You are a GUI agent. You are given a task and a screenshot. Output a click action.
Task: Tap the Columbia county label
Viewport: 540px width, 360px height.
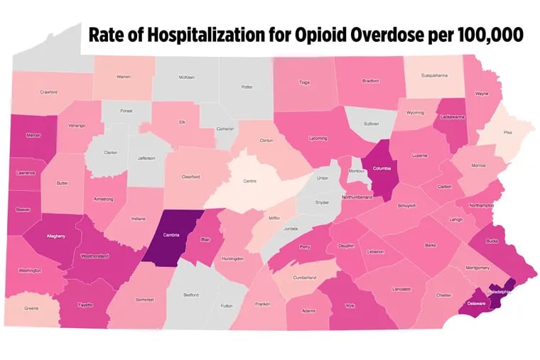pos(382,169)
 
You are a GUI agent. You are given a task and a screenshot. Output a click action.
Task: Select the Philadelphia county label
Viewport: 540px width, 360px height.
pos(499,291)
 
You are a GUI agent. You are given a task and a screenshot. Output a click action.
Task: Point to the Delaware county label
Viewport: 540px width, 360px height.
pos(476,303)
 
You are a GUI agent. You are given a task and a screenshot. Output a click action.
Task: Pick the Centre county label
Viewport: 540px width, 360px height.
pos(250,181)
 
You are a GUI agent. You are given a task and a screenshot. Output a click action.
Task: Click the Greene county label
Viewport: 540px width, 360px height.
pos(32,308)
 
